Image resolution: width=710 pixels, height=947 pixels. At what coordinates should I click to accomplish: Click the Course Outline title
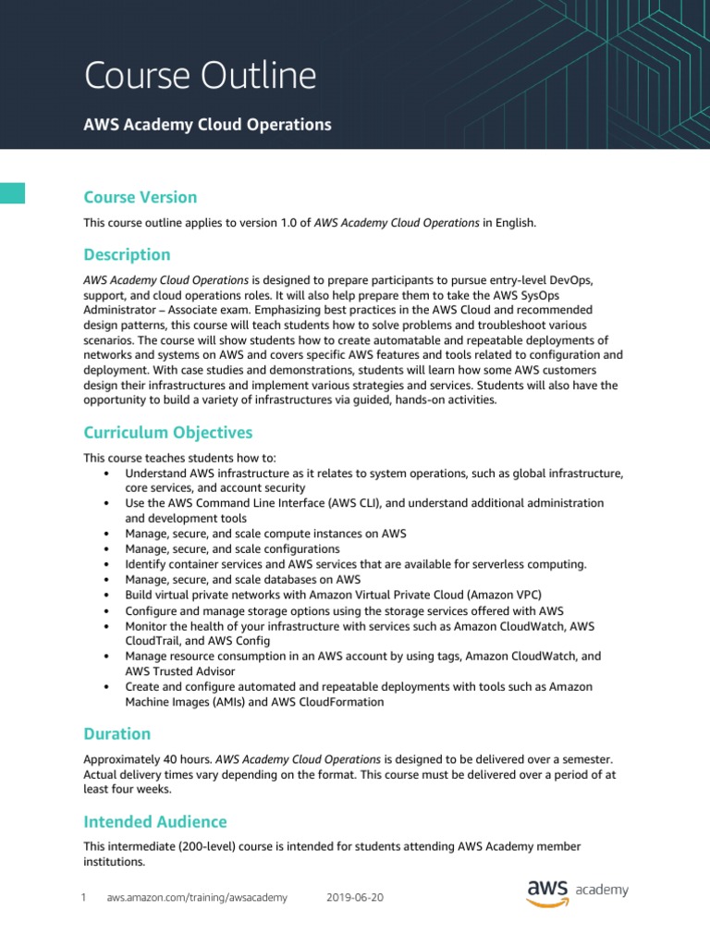tap(201, 75)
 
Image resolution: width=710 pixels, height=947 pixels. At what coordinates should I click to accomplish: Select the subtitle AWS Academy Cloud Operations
tap(208, 125)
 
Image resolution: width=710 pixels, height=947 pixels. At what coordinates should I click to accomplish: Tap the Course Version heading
tap(140, 197)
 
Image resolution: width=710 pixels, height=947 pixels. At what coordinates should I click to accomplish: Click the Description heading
tap(127, 254)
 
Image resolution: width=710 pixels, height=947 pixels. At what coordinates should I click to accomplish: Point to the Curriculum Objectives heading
tap(167, 433)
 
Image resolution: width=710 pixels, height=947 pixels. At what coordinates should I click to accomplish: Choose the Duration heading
tap(116, 733)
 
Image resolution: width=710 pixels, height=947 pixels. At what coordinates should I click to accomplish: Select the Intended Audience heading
tap(154, 821)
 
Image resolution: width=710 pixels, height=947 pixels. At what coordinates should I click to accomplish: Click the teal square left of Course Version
tap(12, 192)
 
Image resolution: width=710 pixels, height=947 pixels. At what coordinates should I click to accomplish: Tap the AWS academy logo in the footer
tap(578, 892)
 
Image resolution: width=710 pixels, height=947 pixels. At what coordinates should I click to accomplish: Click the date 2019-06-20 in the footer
tap(356, 897)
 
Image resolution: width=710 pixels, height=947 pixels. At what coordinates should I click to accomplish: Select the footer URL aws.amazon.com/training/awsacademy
tap(197, 897)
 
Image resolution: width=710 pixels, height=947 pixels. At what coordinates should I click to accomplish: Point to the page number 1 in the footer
tap(83, 897)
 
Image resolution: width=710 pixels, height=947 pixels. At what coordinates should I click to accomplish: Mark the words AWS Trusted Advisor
tap(180, 671)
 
